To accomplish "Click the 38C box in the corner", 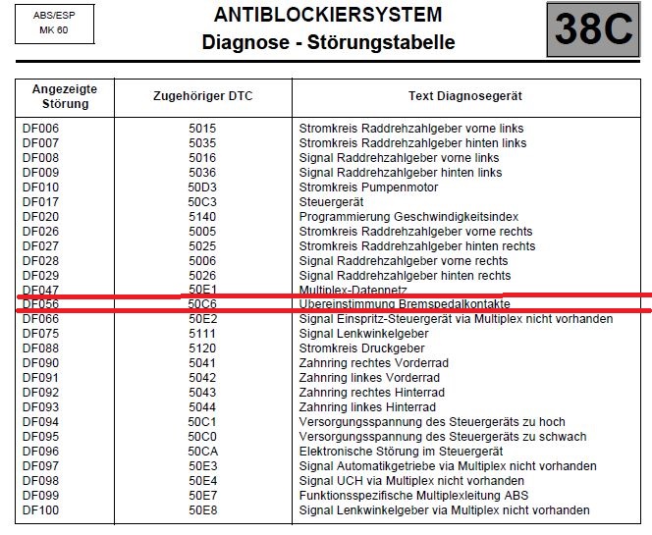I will (x=592, y=29).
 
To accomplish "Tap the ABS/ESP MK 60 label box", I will (x=53, y=23).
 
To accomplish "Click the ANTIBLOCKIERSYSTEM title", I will (x=328, y=15).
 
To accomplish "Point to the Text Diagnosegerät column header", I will (x=464, y=96).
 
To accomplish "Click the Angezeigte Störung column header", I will (x=66, y=96).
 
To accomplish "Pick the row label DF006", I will (x=41, y=129).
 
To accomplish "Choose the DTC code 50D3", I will (x=202, y=187).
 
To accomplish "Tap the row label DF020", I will (x=41, y=217).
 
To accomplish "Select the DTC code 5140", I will (x=202, y=217).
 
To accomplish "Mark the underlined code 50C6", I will (x=202, y=304).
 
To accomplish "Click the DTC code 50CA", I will (x=202, y=452).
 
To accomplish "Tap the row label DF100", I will (x=41, y=510).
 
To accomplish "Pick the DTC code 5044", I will (x=202, y=407).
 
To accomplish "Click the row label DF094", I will (x=41, y=422).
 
